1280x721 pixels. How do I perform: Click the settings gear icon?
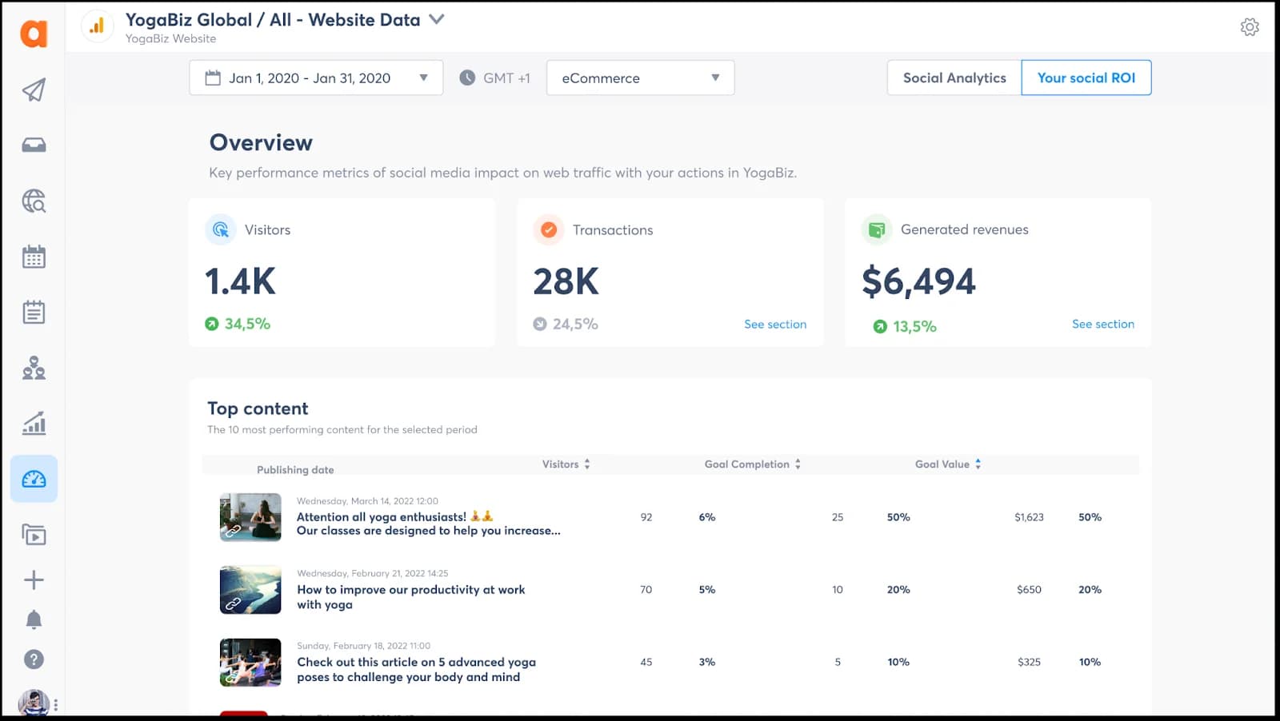(x=1250, y=27)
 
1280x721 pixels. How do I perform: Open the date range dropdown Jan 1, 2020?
(x=316, y=78)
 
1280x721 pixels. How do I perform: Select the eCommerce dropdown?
(x=640, y=78)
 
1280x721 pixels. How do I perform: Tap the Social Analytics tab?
(x=954, y=78)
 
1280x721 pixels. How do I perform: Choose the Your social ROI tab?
(x=1086, y=78)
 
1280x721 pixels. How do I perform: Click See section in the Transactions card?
(x=774, y=325)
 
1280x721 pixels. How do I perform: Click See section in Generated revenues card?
(x=1102, y=325)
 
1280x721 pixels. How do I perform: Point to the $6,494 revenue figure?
(x=918, y=281)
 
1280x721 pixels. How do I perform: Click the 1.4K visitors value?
(x=240, y=281)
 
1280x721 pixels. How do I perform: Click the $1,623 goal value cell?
(x=1029, y=518)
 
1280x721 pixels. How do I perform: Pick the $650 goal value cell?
(x=1029, y=590)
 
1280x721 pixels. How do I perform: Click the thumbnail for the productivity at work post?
(x=250, y=590)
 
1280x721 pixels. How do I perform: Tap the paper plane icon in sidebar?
(x=34, y=90)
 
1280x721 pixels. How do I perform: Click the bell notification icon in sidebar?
(x=34, y=619)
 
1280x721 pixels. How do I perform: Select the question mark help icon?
(x=34, y=659)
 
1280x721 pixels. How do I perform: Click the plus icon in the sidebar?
(x=34, y=580)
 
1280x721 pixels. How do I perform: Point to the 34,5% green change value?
(x=246, y=325)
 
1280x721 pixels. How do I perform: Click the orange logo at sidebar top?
(x=34, y=34)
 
